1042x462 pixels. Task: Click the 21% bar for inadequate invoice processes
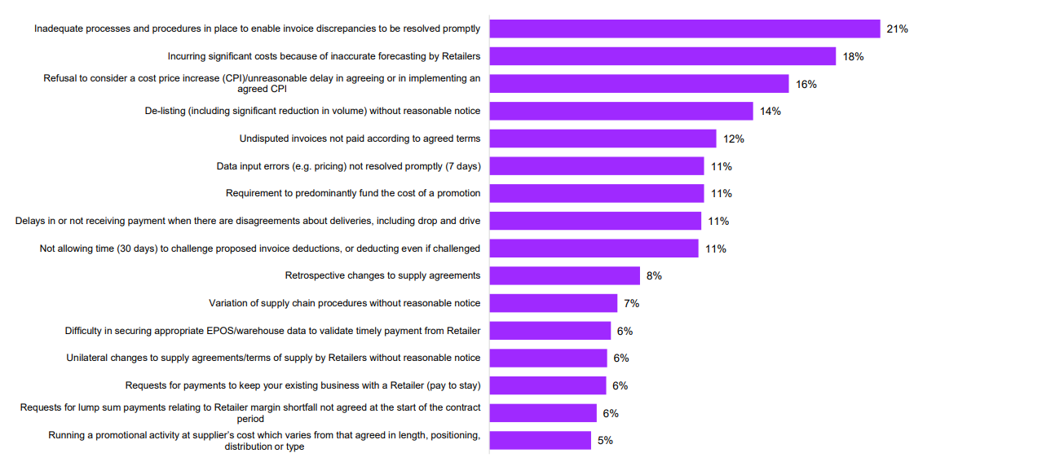pyautogui.click(x=685, y=29)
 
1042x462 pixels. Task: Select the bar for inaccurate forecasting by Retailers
pyautogui.click(x=663, y=56)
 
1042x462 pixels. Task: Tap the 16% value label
pyautogui.click(x=806, y=84)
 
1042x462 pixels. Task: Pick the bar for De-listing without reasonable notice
pyautogui.click(x=621, y=111)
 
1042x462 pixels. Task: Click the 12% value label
pyautogui.click(x=734, y=139)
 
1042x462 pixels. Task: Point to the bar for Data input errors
pyautogui.click(x=597, y=166)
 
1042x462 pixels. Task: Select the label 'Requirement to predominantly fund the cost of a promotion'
pyautogui.click(x=353, y=193)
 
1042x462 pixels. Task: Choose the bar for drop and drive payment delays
pyautogui.click(x=595, y=221)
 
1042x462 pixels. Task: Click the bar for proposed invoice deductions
pyautogui.click(x=594, y=249)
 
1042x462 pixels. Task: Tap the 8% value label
pyautogui.click(x=654, y=275)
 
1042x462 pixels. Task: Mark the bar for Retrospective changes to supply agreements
pyautogui.click(x=565, y=275)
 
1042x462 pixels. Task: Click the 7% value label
pyautogui.click(x=631, y=303)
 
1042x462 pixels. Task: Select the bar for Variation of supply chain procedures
pyautogui.click(x=554, y=303)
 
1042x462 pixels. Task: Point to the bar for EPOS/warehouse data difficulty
pyautogui.click(x=550, y=331)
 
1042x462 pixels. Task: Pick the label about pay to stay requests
pyautogui.click(x=302, y=385)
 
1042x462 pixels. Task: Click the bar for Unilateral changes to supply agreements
pyautogui.click(x=549, y=358)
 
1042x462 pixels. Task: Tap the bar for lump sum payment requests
pyautogui.click(x=543, y=413)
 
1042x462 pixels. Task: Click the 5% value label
pyautogui.click(x=605, y=440)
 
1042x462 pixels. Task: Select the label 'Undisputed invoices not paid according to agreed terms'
pyautogui.click(x=360, y=139)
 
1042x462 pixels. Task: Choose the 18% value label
pyautogui.click(x=854, y=56)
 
